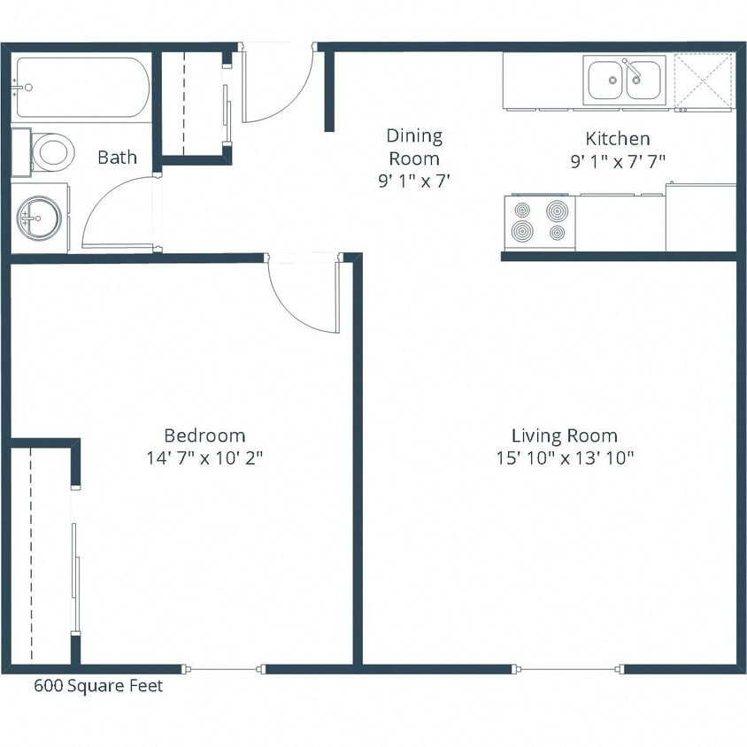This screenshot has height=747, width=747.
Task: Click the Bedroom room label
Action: click(204, 435)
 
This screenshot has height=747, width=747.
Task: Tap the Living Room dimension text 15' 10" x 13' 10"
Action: click(565, 458)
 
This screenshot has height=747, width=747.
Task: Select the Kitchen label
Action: click(618, 139)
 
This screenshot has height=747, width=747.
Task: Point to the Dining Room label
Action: click(414, 147)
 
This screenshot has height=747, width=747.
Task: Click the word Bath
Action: click(117, 158)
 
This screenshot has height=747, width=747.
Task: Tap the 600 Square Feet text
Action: click(98, 686)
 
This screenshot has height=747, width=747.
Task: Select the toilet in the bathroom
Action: click(50, 152)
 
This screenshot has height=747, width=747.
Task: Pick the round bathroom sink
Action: click(39, 217)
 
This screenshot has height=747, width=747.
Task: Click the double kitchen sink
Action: click(624, 80)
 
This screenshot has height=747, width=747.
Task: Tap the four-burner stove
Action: click(539, 222)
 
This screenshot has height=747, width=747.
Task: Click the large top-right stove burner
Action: click(557, 211)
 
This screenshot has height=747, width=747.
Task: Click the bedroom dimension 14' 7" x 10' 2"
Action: click(204, 458)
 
